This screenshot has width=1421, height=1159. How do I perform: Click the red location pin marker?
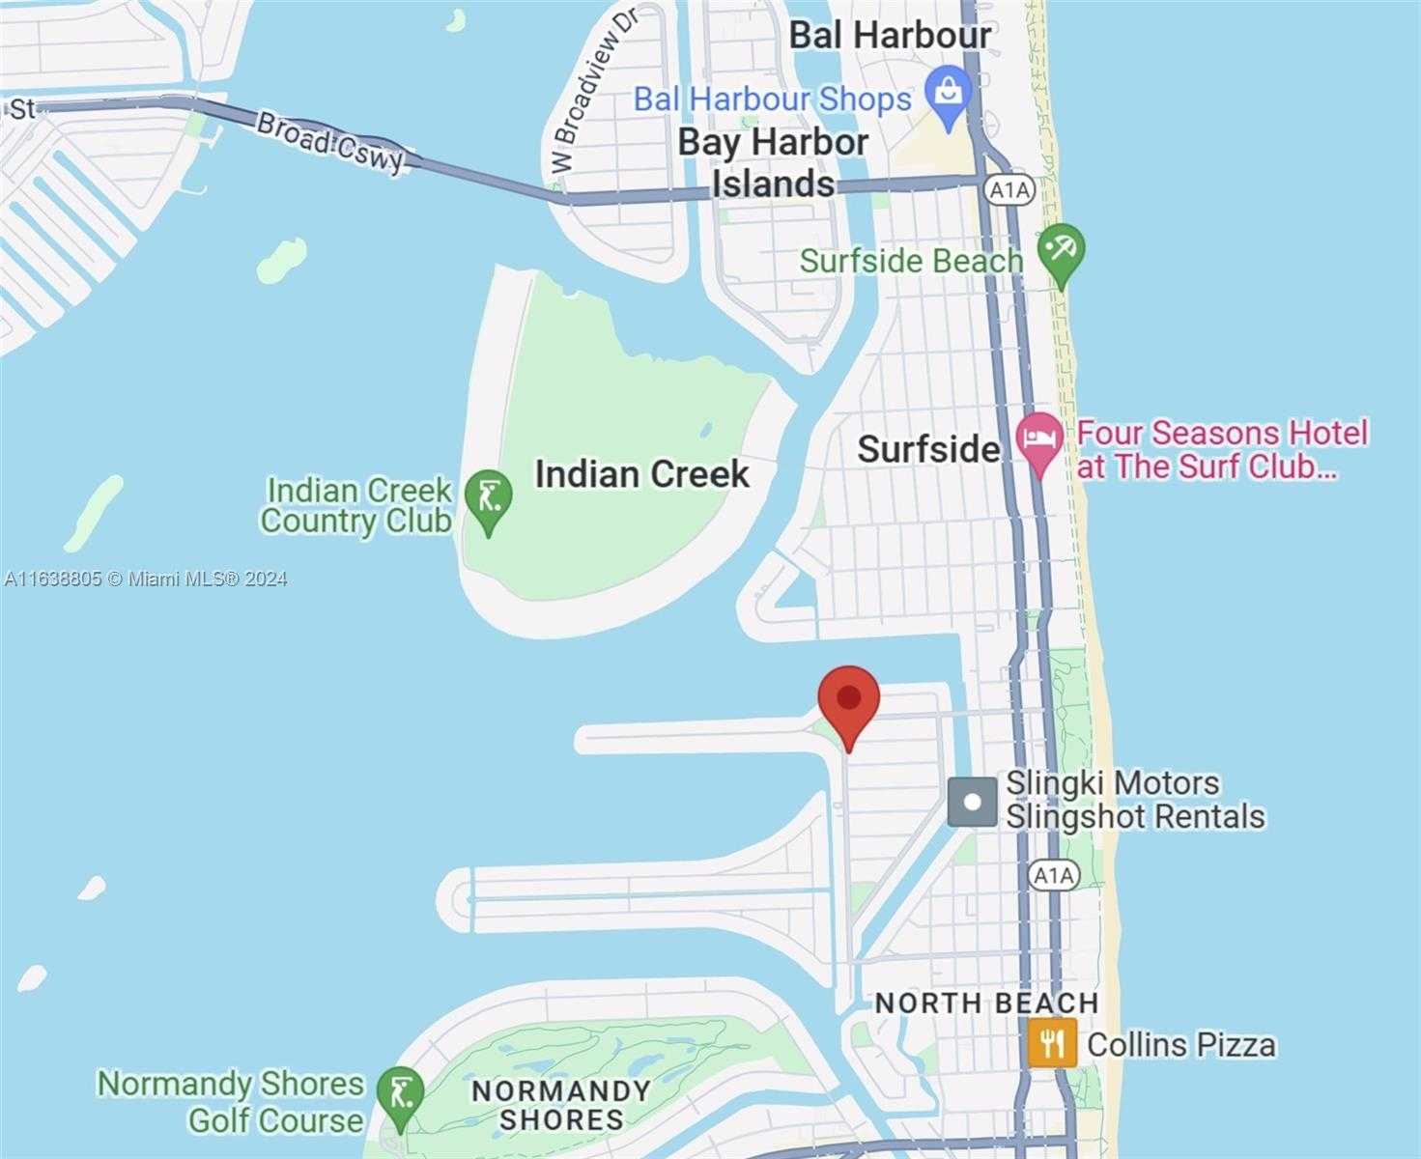pyautogui.click(x=848, y=701)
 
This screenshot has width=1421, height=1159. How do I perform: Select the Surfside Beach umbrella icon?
pyautogui.click(x=1062, y=251)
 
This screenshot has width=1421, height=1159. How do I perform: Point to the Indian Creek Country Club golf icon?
pyautogui.click(x=488, y=498)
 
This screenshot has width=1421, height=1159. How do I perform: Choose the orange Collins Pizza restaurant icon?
pyautogui.click(x=1052, y=1043)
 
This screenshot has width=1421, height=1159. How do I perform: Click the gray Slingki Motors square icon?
pyautogui.click(x=972, y=802)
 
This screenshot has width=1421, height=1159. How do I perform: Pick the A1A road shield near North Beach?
pyautogui.click(x=1052, y=875)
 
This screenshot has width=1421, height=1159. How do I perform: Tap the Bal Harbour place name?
pyautogui.click(x=890, y=36)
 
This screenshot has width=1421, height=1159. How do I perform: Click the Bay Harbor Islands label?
pyautogui.click(x=773, y=162)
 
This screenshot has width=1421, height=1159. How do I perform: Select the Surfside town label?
pyautogui.click(x=928, y=449)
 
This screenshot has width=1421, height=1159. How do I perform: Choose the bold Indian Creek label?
pyautogui.click(x=641, y=474)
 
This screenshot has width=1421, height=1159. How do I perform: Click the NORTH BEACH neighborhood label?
pyautogui.click(x=986, y=1004)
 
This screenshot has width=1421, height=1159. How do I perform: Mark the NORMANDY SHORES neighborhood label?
pyautogui.click(x=560, y=1105)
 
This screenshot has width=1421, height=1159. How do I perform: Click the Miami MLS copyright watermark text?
pyautogui.click(x=145, y=579)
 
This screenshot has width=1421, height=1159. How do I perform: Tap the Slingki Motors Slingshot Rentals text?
pyautogui.click(x=1134, y=800)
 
